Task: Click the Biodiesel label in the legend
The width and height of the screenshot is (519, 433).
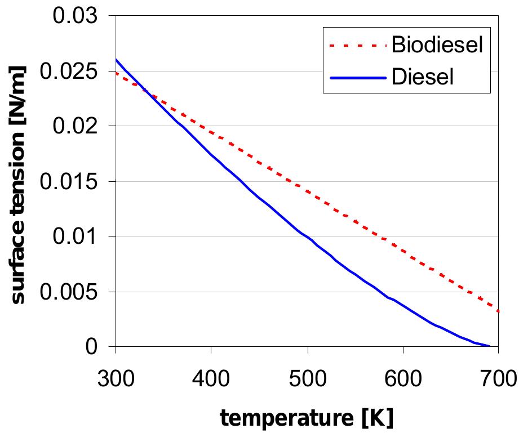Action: click(437, 45)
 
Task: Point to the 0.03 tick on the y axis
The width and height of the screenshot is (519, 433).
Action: click(76, 16)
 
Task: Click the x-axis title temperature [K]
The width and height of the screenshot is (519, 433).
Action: click(307, 417)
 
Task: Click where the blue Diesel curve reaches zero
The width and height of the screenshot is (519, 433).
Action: click(489, 346)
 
